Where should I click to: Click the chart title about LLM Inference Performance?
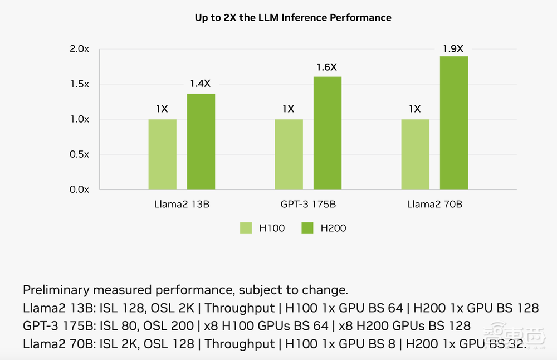(x=293, y=18)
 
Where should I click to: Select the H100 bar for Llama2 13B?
(x=162, y=154)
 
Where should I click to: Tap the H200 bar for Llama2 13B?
(x=201, y=142)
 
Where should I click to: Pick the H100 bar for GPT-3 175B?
(x=289, y=154)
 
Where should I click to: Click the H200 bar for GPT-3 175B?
(x=327, y=133)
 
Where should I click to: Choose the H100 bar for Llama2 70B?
(x=415, y=154)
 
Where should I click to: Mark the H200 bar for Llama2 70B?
(x=453, y=123)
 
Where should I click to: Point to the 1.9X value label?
(x=453, y=48)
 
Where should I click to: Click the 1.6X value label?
(x=326, y=67)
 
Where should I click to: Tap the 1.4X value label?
(x=200, y=84)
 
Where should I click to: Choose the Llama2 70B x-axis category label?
(x=434, y=205)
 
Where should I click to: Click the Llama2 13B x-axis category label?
(x=182, y=205)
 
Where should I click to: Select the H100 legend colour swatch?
(x=247, y=228)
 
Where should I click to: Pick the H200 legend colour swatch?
(x=308, y=228)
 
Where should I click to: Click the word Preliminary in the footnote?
(x=56, y=290)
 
